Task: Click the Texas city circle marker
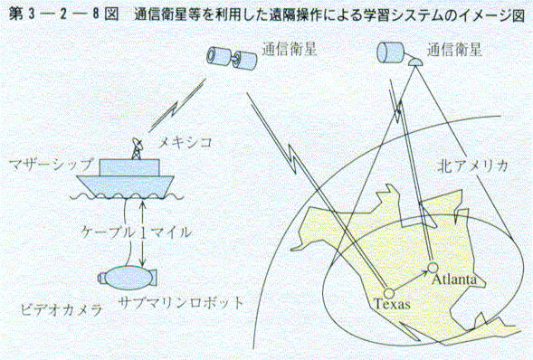(388, 292)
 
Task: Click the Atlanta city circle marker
(433, 268)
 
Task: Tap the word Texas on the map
(392, 304)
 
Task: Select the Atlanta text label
(454, 279)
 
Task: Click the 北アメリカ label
(473, 166)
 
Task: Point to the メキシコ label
(185, 142)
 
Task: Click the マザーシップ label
(51, 165)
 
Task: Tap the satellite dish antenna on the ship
(138, 148)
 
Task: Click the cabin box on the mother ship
(129, 167)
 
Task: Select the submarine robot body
(128, 278)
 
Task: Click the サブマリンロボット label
(181, 302)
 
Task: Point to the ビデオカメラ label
(62, 309)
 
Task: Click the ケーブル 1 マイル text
(137, 232)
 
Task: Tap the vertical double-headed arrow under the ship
(143, 233)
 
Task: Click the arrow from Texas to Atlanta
(411, 279)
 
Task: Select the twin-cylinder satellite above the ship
(232, 58)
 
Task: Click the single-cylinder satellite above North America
(390, 52)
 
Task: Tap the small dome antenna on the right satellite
(414, 62)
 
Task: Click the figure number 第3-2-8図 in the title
(63, 14)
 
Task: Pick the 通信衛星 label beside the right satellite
(454, 51)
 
